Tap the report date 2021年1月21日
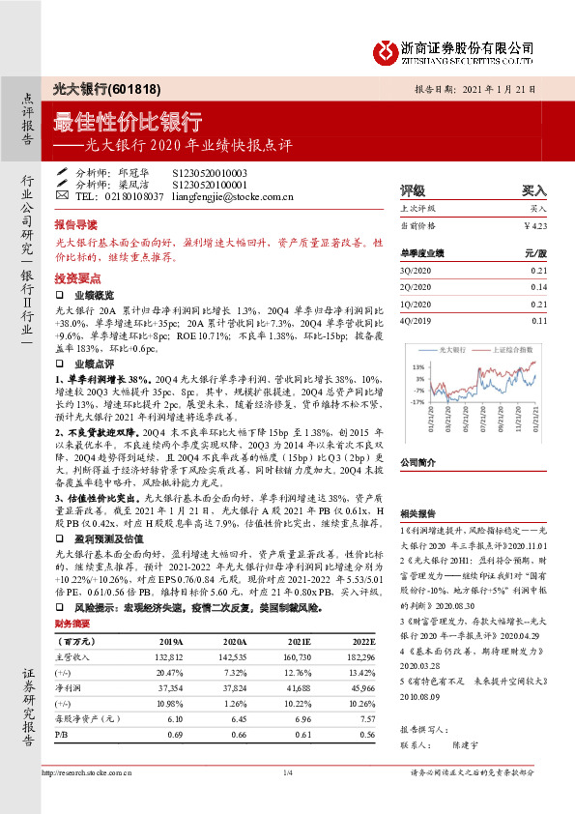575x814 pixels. pos(499,91)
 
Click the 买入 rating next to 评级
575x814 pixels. pos(533,190)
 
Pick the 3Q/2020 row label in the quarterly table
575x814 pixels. pos(416,272)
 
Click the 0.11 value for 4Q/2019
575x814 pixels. pos(538,319)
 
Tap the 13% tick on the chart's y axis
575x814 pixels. pos(419,368)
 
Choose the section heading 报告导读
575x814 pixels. pos(76,221)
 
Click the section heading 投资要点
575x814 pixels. pos(76,276)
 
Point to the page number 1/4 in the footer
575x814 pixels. pos(287,799)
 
